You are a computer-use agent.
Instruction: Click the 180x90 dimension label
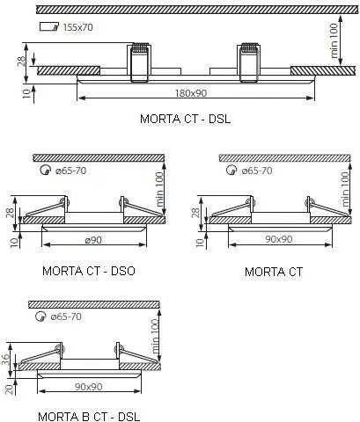click(x=191, y=93)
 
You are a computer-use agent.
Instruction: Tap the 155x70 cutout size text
click(x=78, y=27)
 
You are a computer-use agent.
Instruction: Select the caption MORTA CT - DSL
click(x=186, y=119)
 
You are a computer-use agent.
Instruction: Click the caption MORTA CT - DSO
click(x=89, y=271)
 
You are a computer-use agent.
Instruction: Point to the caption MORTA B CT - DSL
click(x=89, y=417)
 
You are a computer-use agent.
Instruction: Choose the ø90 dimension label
click(x=93, y=240)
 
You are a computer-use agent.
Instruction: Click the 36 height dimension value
click(x=5, y=360)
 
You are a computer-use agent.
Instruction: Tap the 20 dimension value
click(x=10, y=389)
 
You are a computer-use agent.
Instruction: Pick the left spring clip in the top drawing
click(x=139, y=62)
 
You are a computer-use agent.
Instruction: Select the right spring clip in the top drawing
click(x=249, y=62)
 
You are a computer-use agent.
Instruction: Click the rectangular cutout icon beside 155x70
click(x=49, y=26)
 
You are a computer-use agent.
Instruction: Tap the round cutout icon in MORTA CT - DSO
click(x=45, y=170)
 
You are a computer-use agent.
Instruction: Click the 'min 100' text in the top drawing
click(x=334, y=40)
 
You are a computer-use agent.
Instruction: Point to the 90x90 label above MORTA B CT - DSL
click(x=89, y=387)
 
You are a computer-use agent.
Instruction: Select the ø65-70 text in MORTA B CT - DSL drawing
click(x=66, y=316)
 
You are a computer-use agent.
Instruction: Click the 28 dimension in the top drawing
click(x=21, y=62)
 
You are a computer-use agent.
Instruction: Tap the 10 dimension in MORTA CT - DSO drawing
click(x=14, y=243)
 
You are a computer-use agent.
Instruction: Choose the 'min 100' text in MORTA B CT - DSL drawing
click(x=154, y=337)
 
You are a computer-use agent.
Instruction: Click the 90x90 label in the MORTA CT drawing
click(x=279, y=239)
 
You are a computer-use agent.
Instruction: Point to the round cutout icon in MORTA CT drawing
click(x=231, y=170)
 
